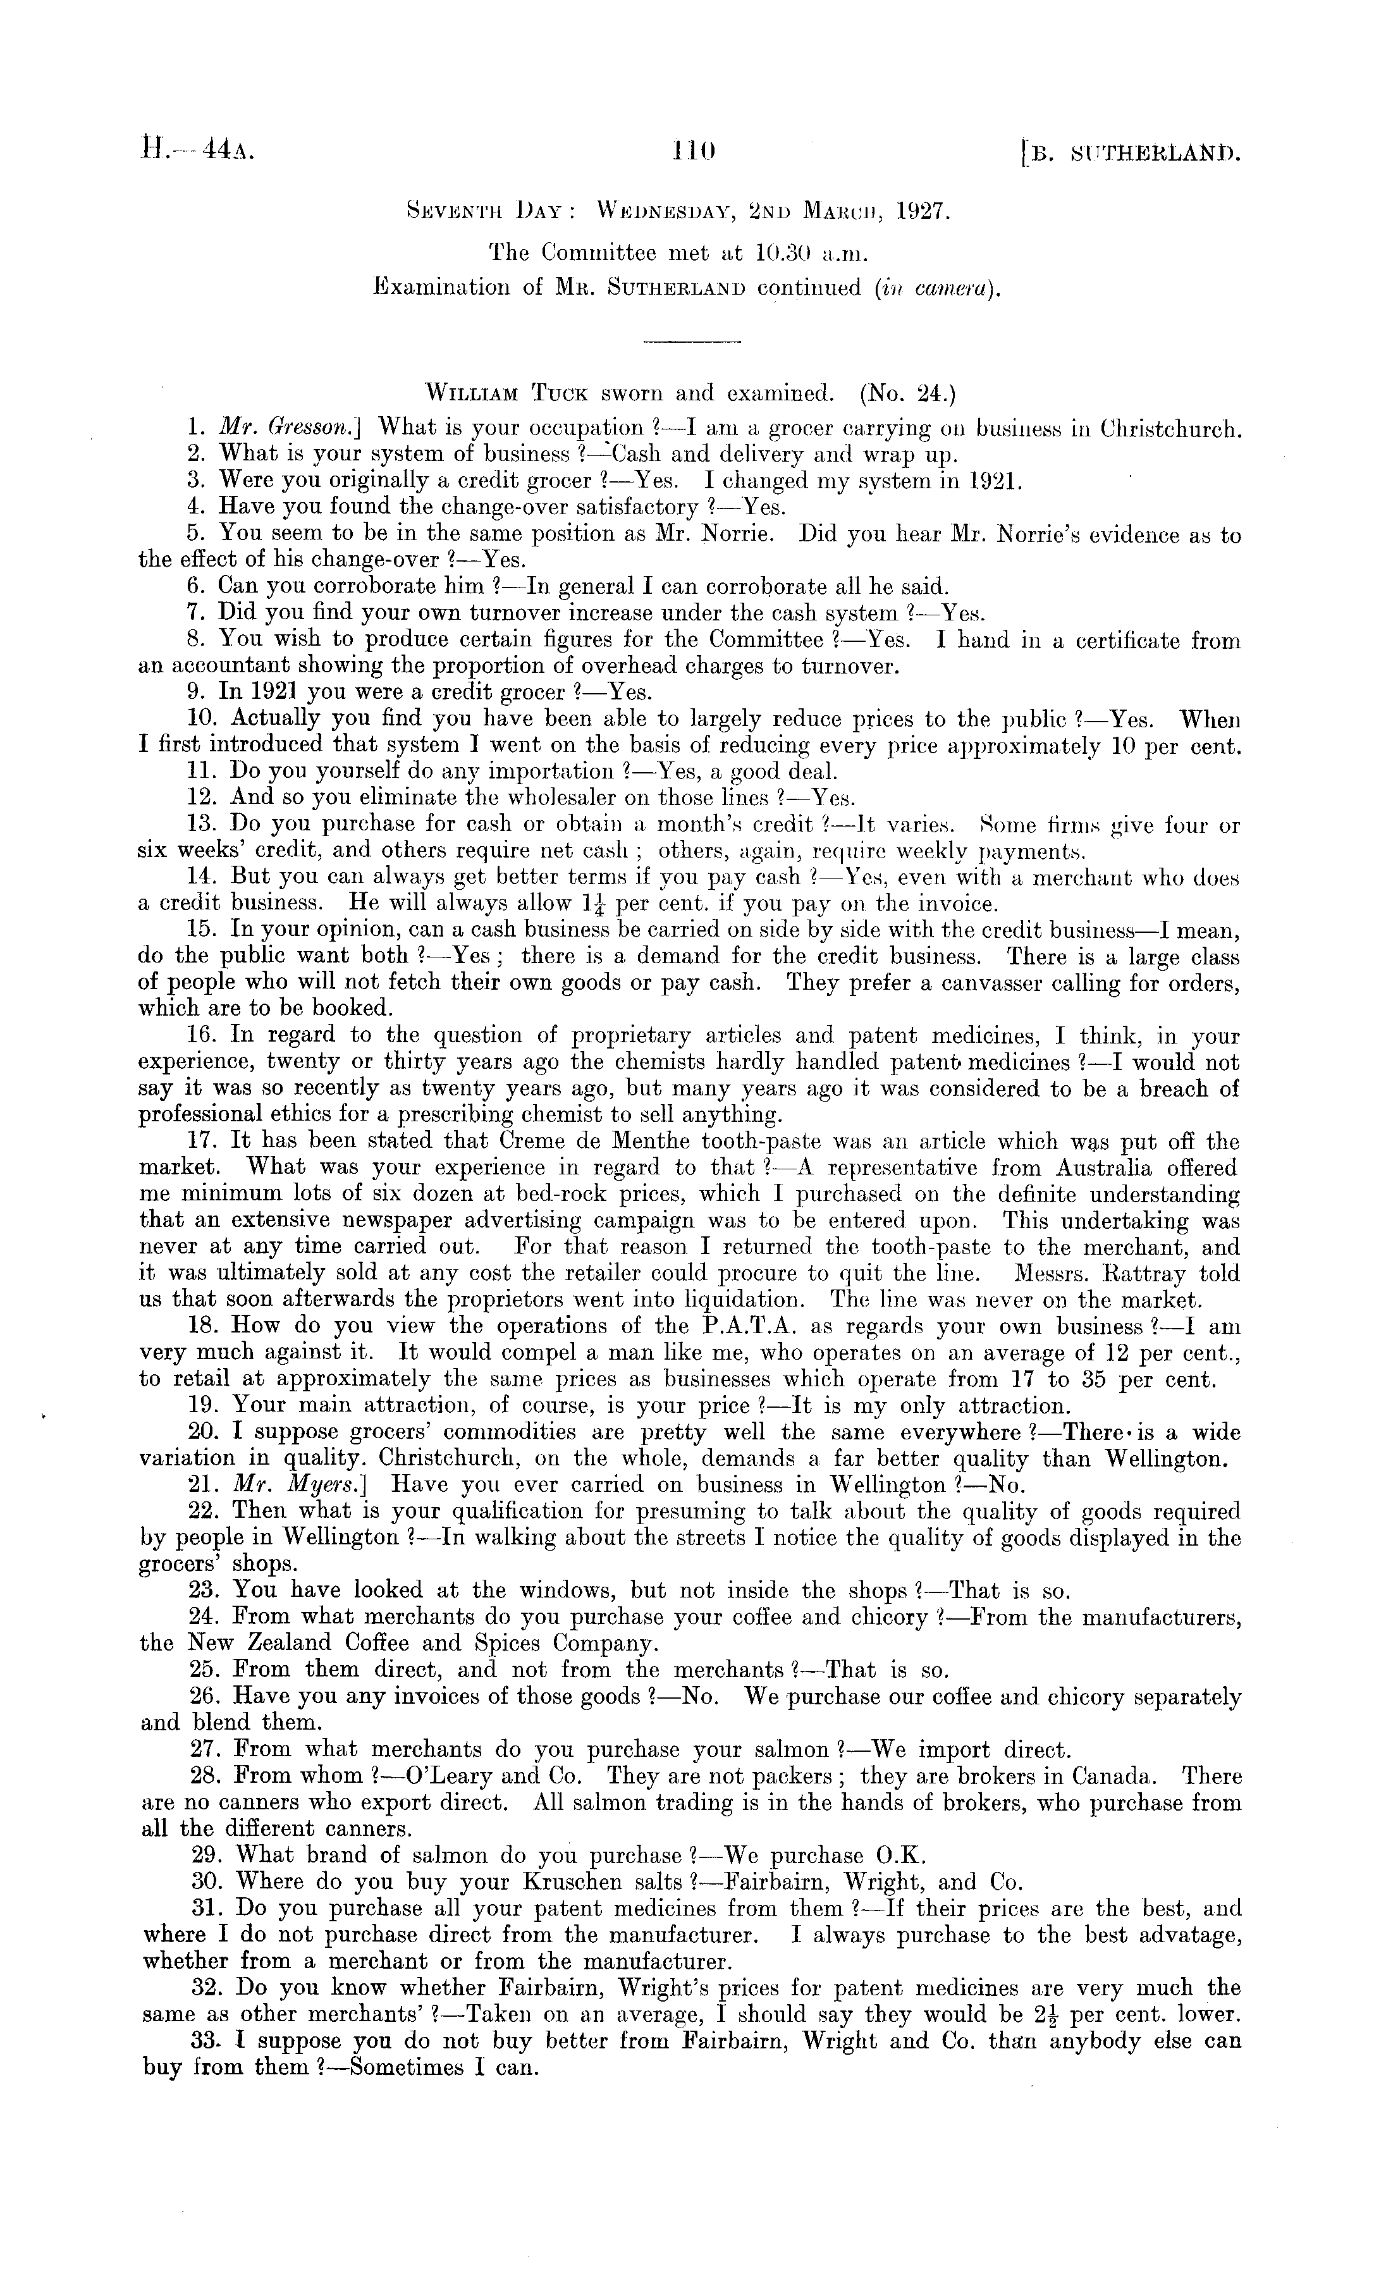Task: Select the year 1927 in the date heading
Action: (916, 211)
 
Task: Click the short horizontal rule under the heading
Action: (691, 344)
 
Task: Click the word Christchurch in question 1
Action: (1169, 429)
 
